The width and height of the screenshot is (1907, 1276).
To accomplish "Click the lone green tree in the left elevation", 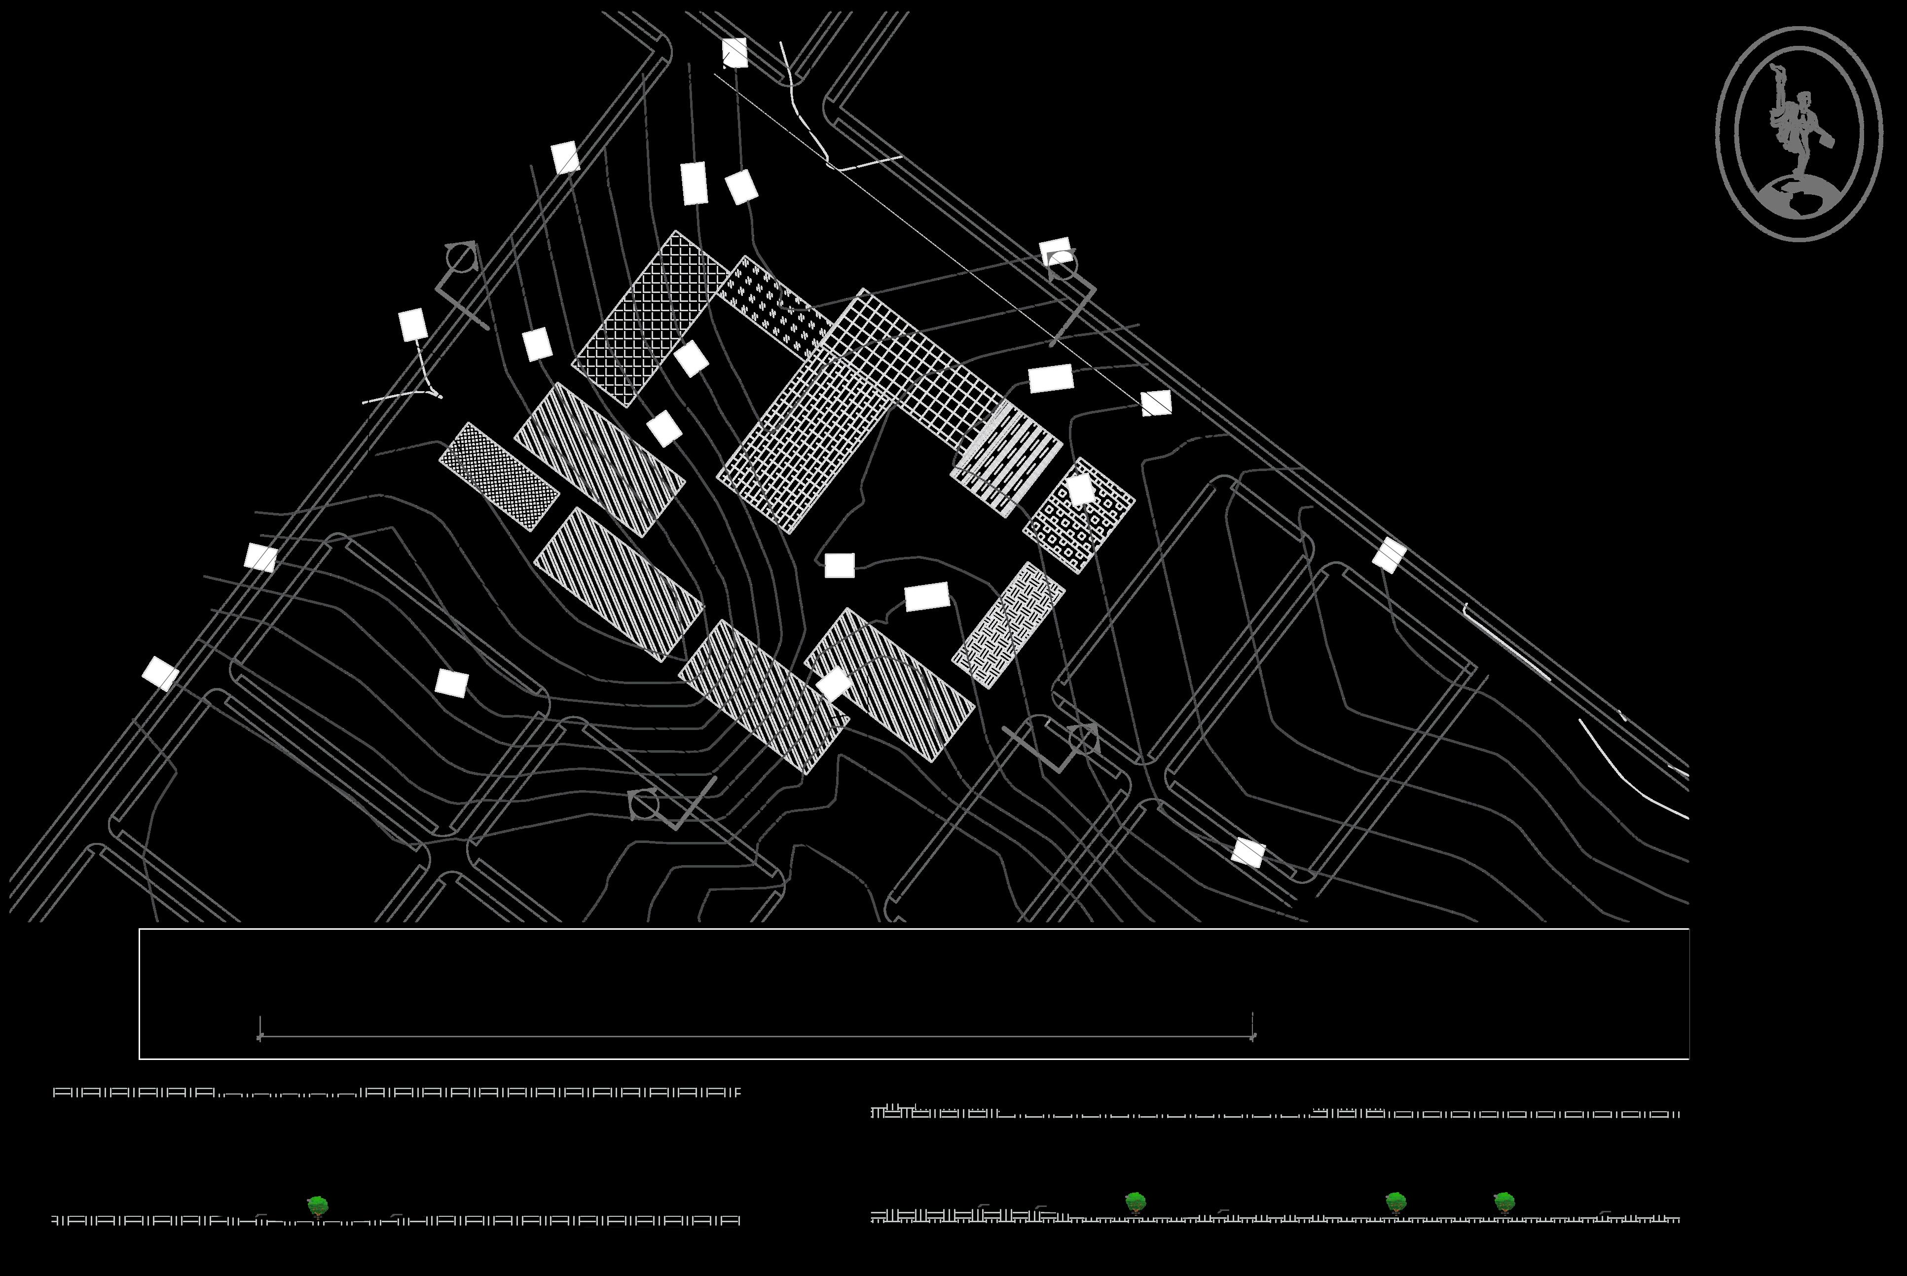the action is (318, 1205).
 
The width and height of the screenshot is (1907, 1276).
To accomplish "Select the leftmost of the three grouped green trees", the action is (1135, 1201).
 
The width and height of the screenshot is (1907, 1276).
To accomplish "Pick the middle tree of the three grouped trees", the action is (1395, 1201).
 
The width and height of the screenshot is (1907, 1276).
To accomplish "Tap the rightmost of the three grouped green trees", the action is (1504, 1201).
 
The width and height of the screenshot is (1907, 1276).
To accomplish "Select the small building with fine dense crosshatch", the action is (499, 476).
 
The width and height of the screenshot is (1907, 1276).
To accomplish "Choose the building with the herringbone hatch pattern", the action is (1008, 624).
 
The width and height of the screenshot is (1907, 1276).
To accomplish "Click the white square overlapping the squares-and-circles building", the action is (1080, 490).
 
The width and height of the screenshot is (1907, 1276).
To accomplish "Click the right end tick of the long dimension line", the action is (1252, 1036).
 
